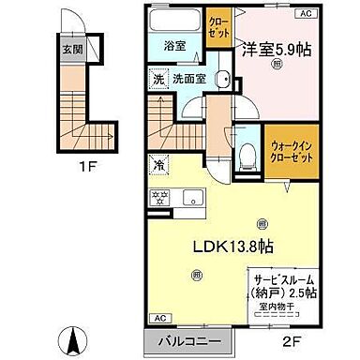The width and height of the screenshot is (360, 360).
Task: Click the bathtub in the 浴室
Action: (170, 24)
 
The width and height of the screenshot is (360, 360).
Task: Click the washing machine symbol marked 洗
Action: (159, 79)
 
